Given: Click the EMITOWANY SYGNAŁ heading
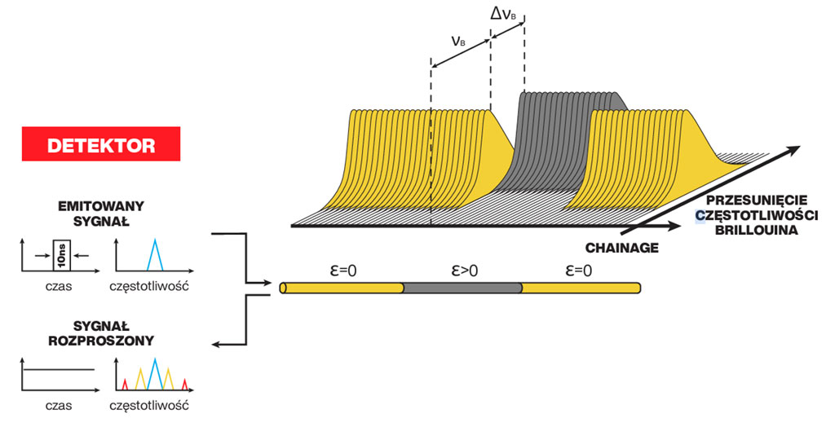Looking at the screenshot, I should (x=102, y=214).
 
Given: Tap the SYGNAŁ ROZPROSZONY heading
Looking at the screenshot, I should (x=100, y=333).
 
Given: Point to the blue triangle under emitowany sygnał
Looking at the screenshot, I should (x=155, y=256).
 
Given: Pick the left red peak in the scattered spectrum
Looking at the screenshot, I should (x=125, y=383).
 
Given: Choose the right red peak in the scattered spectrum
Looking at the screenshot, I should (x=185, y=383).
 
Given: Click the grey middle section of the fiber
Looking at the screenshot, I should (x=462, y=288).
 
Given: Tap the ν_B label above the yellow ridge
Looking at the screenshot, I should (x=459, y=40).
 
